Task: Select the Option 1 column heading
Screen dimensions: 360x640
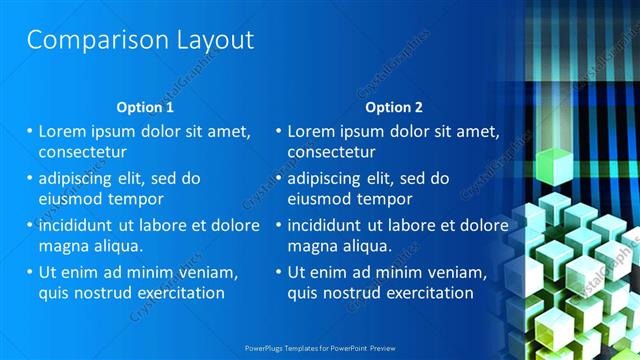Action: pos(145,107)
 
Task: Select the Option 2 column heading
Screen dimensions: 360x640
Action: pos(394,107)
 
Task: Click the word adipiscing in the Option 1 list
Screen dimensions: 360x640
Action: pos(79,178)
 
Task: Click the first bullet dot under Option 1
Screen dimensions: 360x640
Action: pos(30,131)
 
